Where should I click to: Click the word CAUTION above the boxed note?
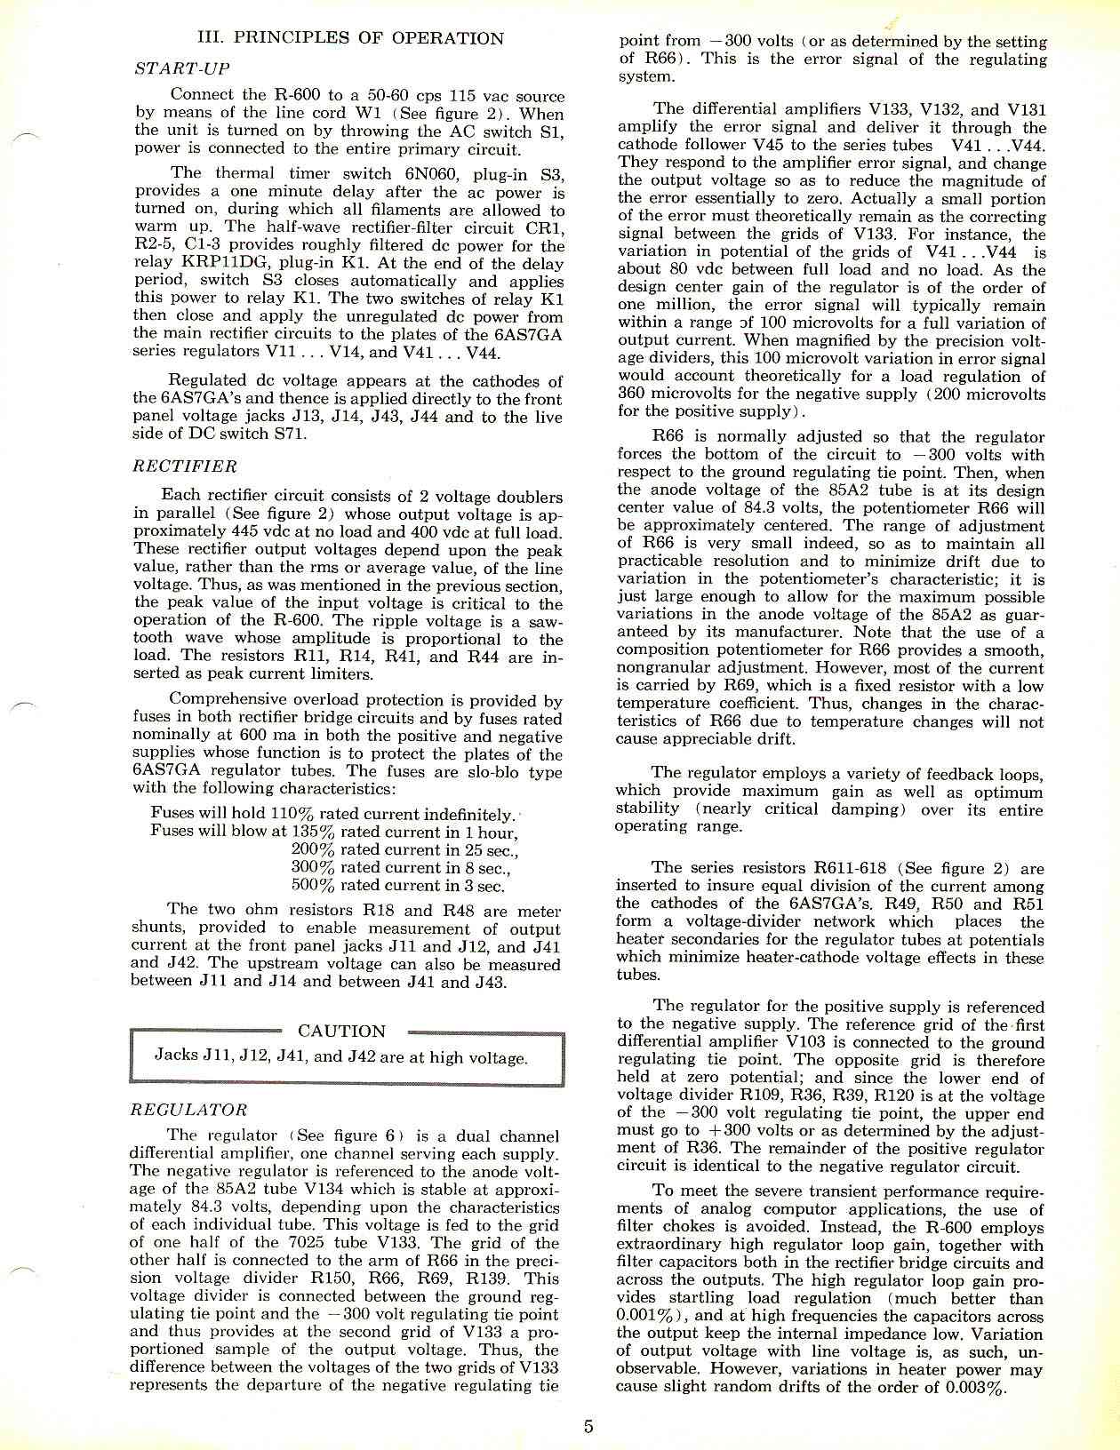click(341, 1032)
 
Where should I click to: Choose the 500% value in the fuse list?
click(313, 885)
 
